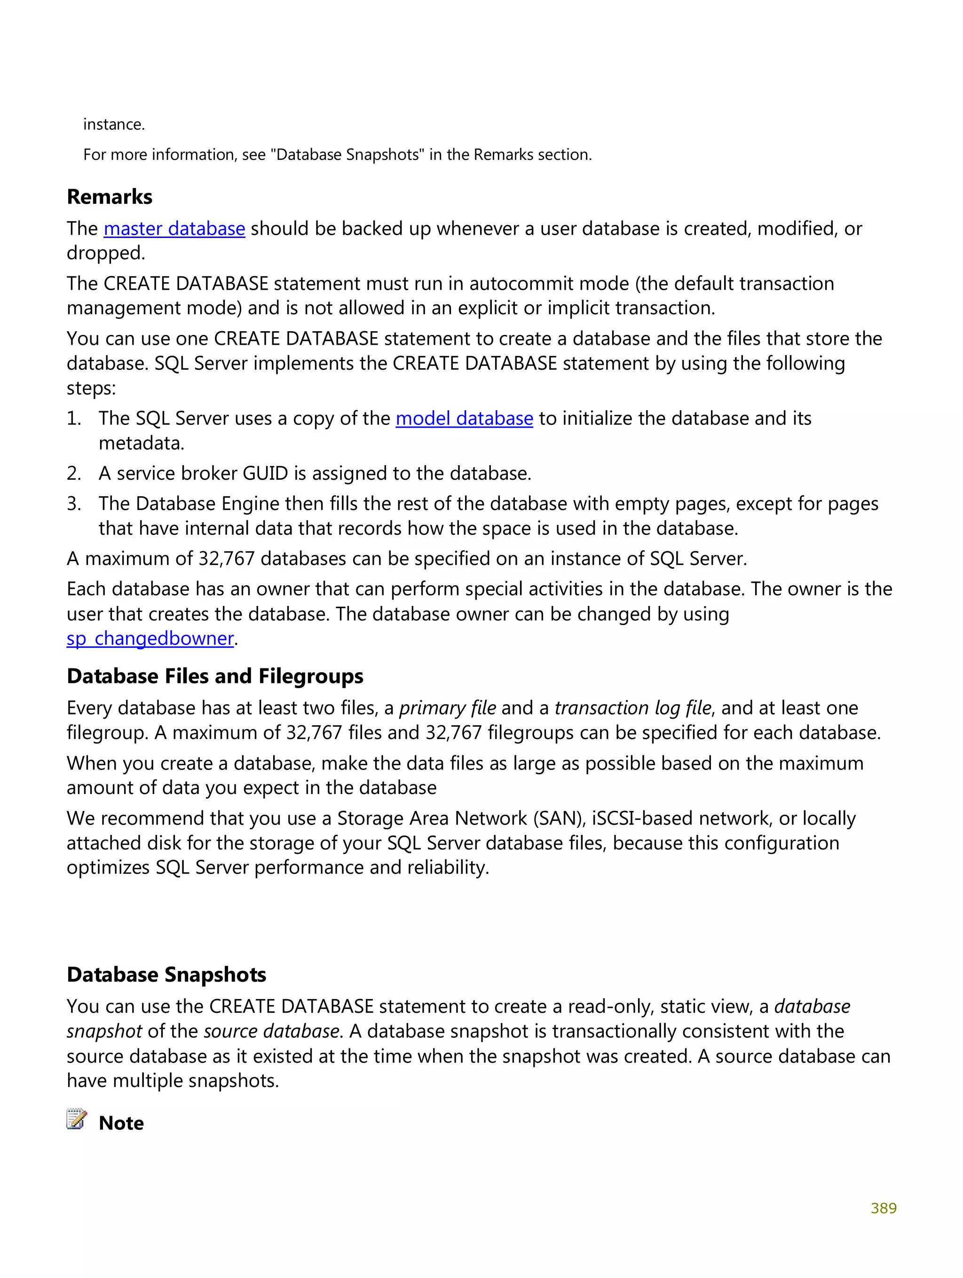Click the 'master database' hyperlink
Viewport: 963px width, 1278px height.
tap(174, 229)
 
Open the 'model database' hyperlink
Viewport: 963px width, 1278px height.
tap(464, 418)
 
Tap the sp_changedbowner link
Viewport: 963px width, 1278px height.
tap(150, 638)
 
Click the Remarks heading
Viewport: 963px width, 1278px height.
tap(109, 197)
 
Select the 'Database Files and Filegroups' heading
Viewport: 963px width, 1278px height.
tap(215, 676)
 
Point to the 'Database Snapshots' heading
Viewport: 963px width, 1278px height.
tap(166, 975)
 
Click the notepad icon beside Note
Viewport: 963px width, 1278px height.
tap(76, 1119)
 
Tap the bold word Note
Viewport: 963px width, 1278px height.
tap(121, 1123)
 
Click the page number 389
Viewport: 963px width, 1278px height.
tap(883, 1208)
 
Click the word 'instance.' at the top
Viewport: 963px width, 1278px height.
tap(114, 124)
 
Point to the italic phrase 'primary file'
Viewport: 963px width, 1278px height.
tap(447, 708)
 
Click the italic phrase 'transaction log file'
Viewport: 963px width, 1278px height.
tap(632, 708)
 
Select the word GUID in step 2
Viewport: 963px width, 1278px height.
tap(265, 474)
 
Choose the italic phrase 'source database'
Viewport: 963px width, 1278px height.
tap(271, 1032)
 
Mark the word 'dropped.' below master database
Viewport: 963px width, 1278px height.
tap(106, 253)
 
